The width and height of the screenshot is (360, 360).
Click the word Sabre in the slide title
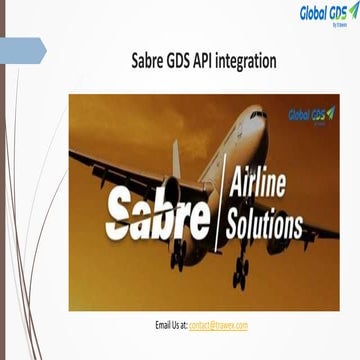pos(150,63)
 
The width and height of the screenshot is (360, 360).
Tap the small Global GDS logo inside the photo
pos(312,115)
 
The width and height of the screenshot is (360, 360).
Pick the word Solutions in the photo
pos(265,224)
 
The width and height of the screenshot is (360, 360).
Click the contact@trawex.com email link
pos(218,326)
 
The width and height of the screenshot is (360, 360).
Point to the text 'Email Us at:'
pos(171,326)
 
